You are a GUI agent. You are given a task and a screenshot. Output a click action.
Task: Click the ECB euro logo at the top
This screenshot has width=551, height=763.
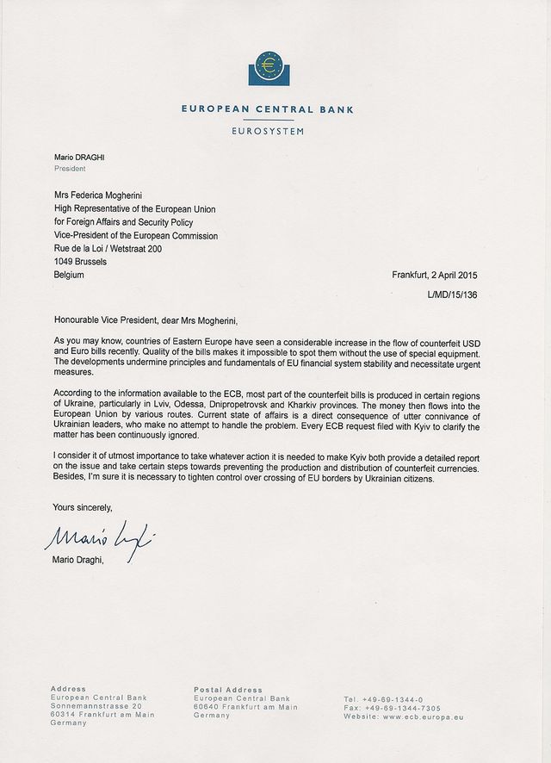[267, 67]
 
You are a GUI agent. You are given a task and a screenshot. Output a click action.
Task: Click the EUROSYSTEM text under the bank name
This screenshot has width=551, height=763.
[268, 132]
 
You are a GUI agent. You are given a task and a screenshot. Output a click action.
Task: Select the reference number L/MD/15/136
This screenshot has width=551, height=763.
[452, 295]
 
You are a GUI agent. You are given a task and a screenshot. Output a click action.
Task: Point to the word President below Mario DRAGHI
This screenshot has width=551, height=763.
[70, 169]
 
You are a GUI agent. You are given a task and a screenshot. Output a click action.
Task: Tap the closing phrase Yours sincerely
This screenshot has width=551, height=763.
[83, 507]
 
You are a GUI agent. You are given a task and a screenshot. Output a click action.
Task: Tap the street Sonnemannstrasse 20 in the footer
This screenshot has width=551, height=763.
[96, 705]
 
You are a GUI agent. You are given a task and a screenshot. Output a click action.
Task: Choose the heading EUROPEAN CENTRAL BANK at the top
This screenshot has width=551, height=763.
[267, 110]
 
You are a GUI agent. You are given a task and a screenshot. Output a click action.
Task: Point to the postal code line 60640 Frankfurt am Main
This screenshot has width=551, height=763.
[246, 706]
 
